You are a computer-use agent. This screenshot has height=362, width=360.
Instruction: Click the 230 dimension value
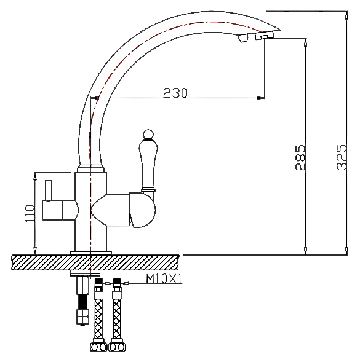(x=175, y=93)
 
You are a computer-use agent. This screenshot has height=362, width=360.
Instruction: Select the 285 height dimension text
(x=300, y=157)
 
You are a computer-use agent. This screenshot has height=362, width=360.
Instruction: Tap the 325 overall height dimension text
(x=342, y=157)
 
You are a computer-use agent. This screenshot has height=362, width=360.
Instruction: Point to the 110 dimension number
(x=30, y=213)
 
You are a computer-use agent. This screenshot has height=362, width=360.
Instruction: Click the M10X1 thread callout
(x=164, y=278)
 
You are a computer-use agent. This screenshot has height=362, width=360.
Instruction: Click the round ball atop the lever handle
(x=148, y=135)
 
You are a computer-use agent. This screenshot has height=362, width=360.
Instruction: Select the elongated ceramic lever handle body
(x=148, y=164)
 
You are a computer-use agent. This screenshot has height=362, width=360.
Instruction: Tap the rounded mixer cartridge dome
(x=142, y=210)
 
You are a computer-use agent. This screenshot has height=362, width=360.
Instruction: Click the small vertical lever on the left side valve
(x=49, y=191)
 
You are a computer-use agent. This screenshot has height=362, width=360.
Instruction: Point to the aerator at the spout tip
(x=265, y=36)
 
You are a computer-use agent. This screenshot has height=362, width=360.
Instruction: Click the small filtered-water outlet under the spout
(x=243, y=38)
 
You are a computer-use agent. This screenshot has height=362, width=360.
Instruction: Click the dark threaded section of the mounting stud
(x=83, y=302)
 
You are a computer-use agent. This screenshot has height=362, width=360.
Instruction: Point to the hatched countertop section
(x=95, y=262)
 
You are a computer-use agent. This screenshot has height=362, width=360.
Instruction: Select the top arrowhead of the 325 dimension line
(x=346, y=15)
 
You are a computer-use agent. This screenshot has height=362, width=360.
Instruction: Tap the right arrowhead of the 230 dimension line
(x=261, y=98)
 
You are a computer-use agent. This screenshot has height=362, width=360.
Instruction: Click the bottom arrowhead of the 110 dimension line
(x=35, y=251)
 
